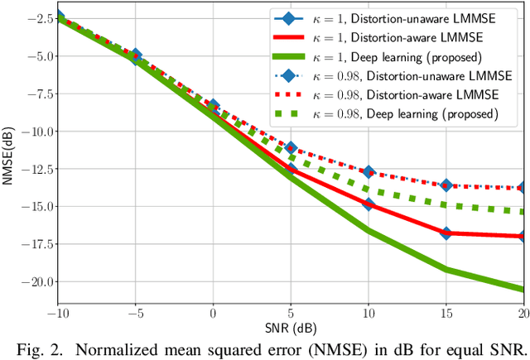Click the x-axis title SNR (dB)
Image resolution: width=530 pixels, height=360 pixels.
point(290,325)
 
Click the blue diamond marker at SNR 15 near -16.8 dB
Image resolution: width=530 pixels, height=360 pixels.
point(446,233)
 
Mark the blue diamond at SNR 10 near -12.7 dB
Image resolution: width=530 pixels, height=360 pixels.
point(369,172)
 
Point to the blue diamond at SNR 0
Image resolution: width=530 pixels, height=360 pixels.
point(214,106)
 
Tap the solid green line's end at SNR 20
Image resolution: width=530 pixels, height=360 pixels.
point(523,289)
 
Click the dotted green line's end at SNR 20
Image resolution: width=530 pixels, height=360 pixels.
point(523,213)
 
